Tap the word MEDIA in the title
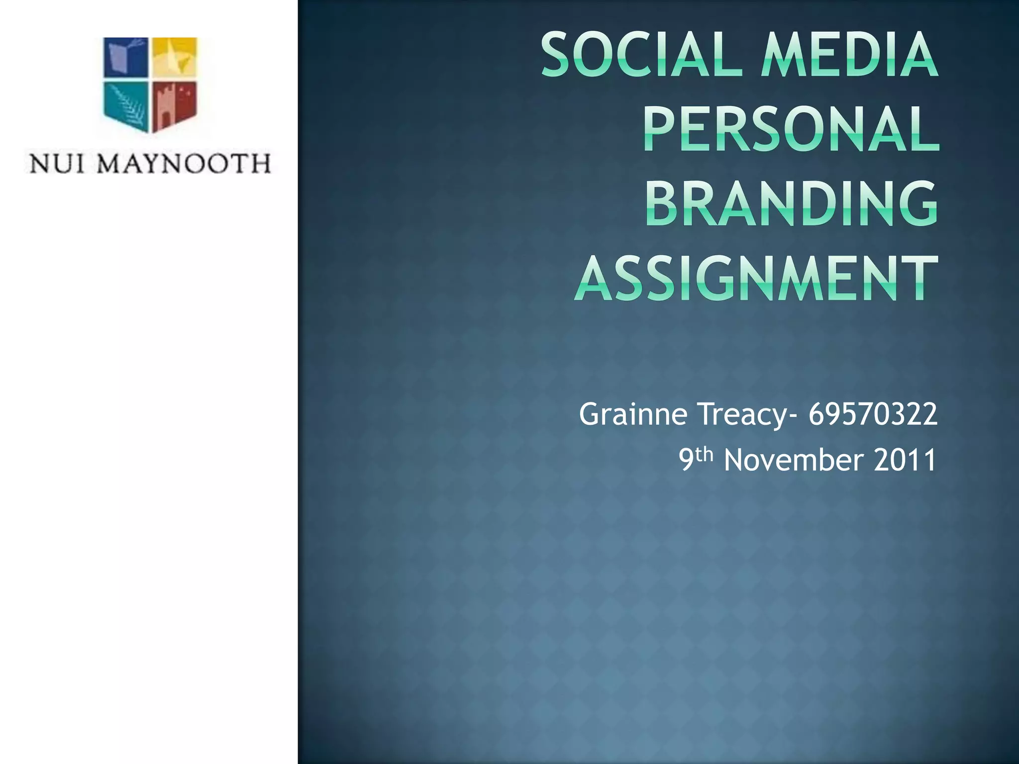click(x=849, y=55)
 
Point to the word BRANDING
click(x=792, y=204)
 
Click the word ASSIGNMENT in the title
click(x=757, y=279)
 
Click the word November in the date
click(x=794, y=460)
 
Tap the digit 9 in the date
click(x=687, y=460)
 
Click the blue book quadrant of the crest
click(x=125, y=57)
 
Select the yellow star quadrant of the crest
click(x=174, y=57)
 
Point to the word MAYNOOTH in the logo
click(x=184, y=164)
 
